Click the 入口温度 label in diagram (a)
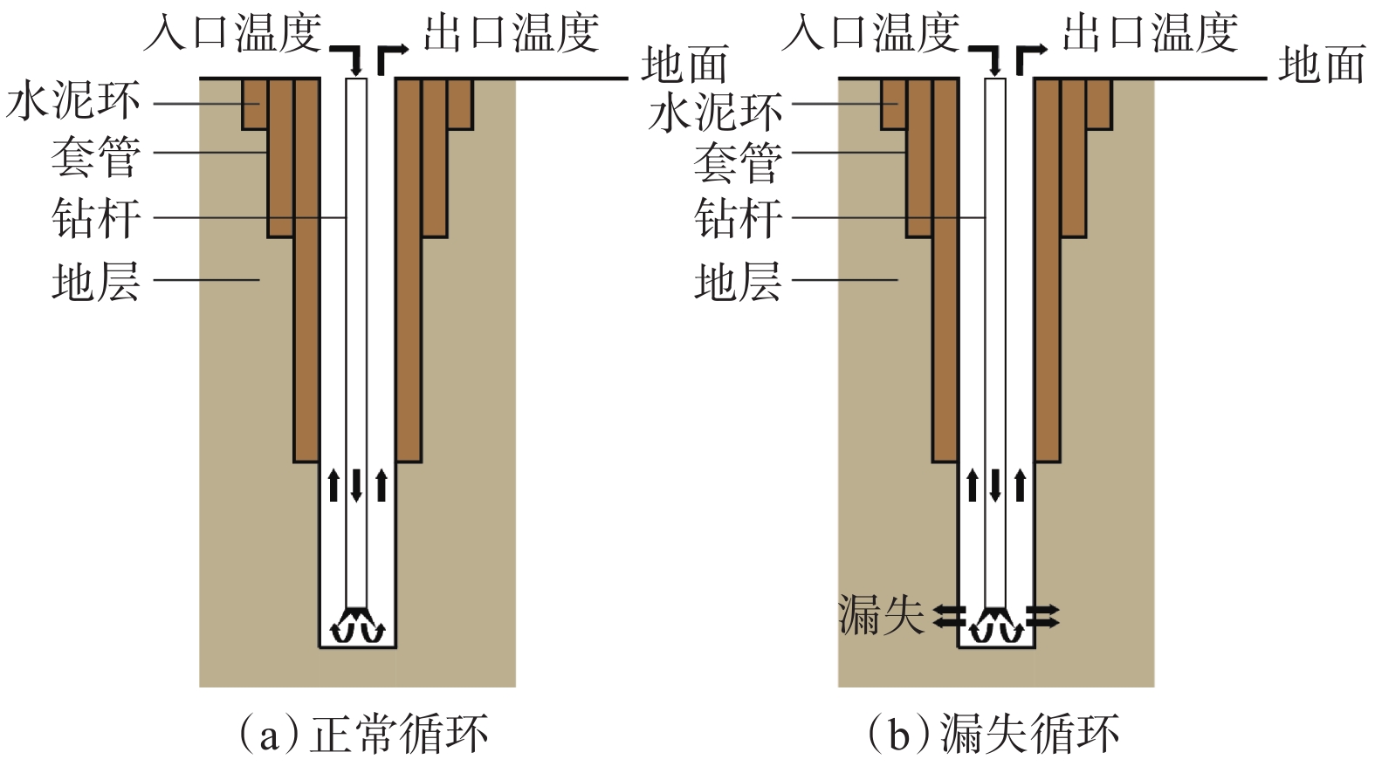point(233,33)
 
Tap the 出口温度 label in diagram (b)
point(1150,33)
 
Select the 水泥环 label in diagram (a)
point(73,102)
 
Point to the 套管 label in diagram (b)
point(738,163)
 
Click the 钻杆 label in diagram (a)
point(96,217)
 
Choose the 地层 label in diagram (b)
point(738,283)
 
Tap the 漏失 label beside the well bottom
point(880,615)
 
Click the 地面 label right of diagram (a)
point(684,65)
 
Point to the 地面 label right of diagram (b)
point(1322,65)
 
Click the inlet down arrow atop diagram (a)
point(351,58)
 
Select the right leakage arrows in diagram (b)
point(1043,616)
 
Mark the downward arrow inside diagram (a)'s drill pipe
point(356,485)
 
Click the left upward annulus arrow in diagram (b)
point(973,485)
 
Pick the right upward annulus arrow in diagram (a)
point(382,485)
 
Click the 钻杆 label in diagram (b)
point(738,217)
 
